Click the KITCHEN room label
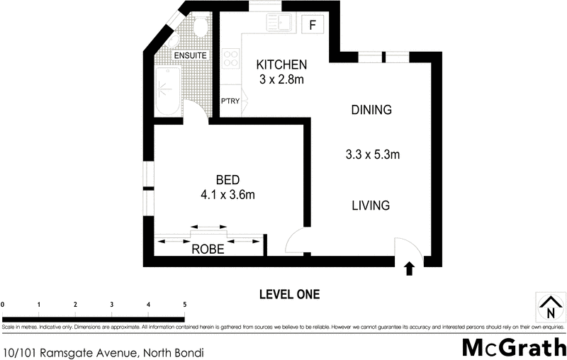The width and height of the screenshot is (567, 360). click(x=281, y=65)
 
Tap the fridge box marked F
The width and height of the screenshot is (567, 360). click(x=312, y=25)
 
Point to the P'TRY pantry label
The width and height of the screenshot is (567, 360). click(x=230, y=101)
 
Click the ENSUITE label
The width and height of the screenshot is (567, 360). click(x=190, y=55)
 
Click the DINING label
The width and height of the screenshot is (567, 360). click(x=371, y=110)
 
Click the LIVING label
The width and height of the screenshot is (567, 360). click(x=371, y=206)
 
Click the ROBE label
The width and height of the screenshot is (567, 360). click(x=208, y=249)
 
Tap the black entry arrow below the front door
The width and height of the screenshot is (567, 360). click(x=408, y=269)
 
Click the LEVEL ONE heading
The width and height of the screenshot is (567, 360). click(x=289, y=294)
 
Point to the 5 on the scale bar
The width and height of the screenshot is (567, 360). click(x=185, y=304)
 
